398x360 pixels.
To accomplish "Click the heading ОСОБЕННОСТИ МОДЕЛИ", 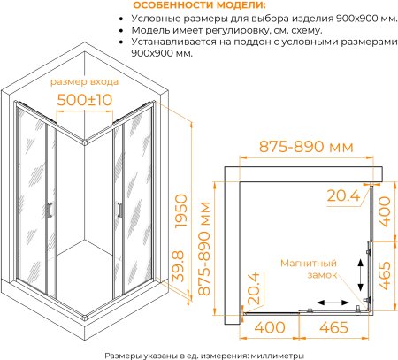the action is point(199,5).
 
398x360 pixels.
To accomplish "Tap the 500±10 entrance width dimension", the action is point(85,100).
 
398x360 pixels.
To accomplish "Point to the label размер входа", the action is point(84,81).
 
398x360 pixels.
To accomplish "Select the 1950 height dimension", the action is point(181,211).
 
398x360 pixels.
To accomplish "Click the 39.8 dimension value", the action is point(178,265).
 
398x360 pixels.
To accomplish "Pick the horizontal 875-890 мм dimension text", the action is point(306,147).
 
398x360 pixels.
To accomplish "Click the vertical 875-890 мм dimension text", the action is point(204,249).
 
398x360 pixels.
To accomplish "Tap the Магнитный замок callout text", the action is point(309,269).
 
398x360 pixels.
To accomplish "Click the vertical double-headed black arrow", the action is point(360,275).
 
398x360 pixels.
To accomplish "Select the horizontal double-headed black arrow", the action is point(333,303).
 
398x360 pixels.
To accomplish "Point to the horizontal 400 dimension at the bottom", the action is point(270,327).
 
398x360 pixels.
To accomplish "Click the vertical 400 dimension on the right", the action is point(384,211).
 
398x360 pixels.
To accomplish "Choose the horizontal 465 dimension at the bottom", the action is point(333,327).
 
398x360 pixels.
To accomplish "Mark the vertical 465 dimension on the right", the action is point(384,276).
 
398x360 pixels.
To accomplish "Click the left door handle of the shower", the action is point(50,211).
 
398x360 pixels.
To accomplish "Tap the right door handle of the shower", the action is point(119,210).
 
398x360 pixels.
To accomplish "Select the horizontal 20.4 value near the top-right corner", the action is point(343,195).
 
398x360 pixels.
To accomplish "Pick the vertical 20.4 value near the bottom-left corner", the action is point(253,288).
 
